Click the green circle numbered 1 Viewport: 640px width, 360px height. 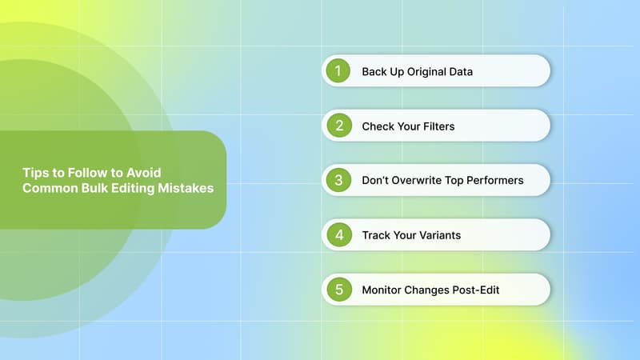(x=338, y=71)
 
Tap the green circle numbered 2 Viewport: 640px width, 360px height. (x=338, y=126)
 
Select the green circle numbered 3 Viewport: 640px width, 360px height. (x=338, y=180)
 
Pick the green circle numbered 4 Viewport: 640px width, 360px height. (x=338, y=235)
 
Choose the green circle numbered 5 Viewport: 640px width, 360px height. (x=338, y=290)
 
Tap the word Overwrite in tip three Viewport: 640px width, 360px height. (x=418, y=180)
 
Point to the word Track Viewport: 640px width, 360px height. (x=375, y=235)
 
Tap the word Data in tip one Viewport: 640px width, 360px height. (x=461, y=71)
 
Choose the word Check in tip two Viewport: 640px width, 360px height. (x=378, y=126)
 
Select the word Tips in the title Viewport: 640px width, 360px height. (x=34, y=173)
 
